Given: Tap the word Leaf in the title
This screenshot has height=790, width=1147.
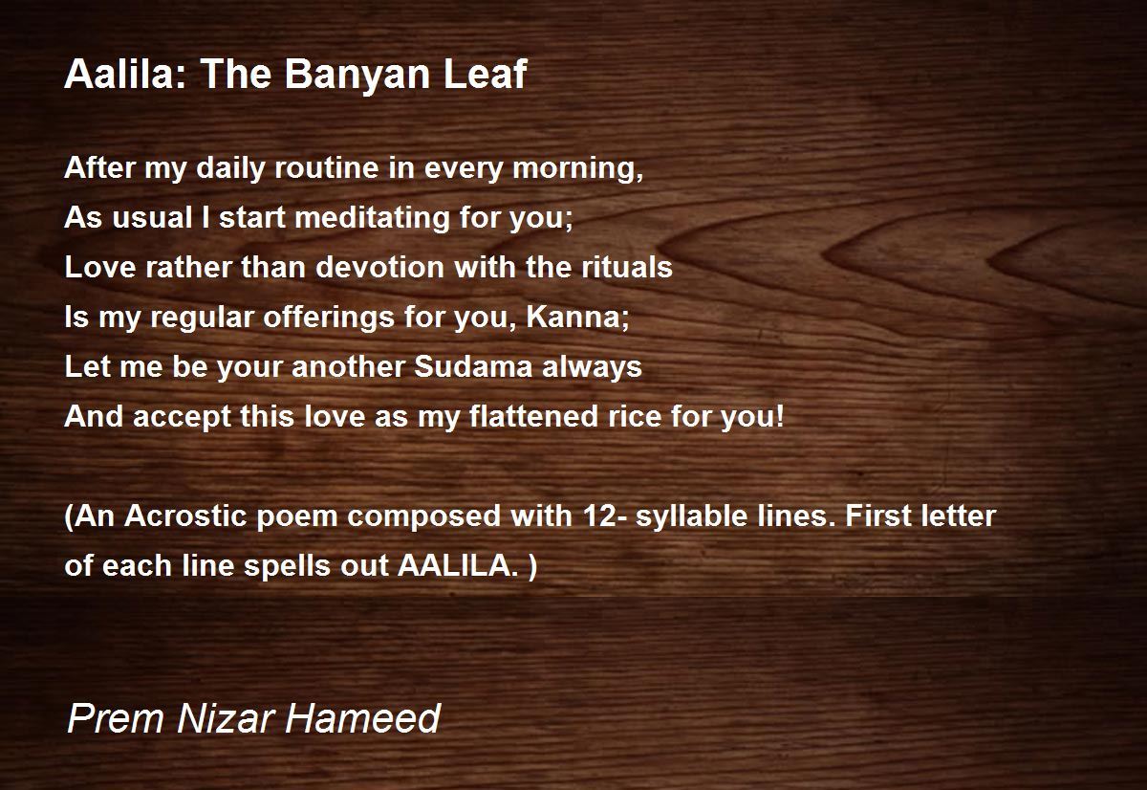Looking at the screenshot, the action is click(x=485, y=74).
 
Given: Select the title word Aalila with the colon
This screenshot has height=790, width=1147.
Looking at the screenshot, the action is click(x=126, y=74).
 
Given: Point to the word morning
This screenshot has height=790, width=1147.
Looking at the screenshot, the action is click(x=577, y=169).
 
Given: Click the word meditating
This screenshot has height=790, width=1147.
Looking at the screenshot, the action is click(x=372, y=217).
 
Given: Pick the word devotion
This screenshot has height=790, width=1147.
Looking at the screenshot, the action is click(x=379, y=267).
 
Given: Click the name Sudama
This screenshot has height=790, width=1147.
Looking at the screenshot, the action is click(x=472, y=367).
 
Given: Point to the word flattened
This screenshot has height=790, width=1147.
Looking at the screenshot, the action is click(x=533, y=416).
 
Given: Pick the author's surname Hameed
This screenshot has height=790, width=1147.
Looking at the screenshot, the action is click(x=362, y=718).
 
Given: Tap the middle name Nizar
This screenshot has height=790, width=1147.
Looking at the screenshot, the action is click(x=225, y=718).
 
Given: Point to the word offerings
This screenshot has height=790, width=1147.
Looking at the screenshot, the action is click(x=329, y=318).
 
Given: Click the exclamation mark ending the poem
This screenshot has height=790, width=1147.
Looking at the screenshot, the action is click(x=780, y=416).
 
